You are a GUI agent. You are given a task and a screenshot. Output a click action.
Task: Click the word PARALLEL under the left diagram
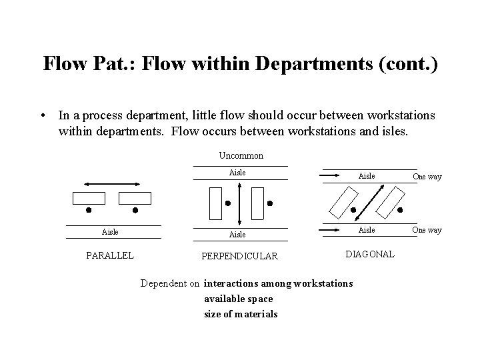click(109, 255)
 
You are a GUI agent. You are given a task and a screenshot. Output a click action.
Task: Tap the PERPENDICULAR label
click(240, 256)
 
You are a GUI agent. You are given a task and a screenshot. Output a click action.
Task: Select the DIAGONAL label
click(371, 254)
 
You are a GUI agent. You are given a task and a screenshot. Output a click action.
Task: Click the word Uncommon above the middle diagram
click(241, 155)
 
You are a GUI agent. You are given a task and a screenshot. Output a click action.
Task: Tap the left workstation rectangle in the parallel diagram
click(89, 198)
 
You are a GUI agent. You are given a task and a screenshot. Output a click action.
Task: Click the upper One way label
click(427, 177)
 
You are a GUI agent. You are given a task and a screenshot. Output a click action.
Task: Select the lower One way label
click(427, 230)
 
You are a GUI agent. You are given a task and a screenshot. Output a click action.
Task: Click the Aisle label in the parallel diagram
click(110, 231)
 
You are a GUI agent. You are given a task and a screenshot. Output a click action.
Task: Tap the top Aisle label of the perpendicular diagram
click(237, 173)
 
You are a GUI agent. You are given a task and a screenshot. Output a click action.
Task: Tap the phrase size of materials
click(241, 314)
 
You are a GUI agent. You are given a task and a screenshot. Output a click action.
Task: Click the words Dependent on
click(170, 283)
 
